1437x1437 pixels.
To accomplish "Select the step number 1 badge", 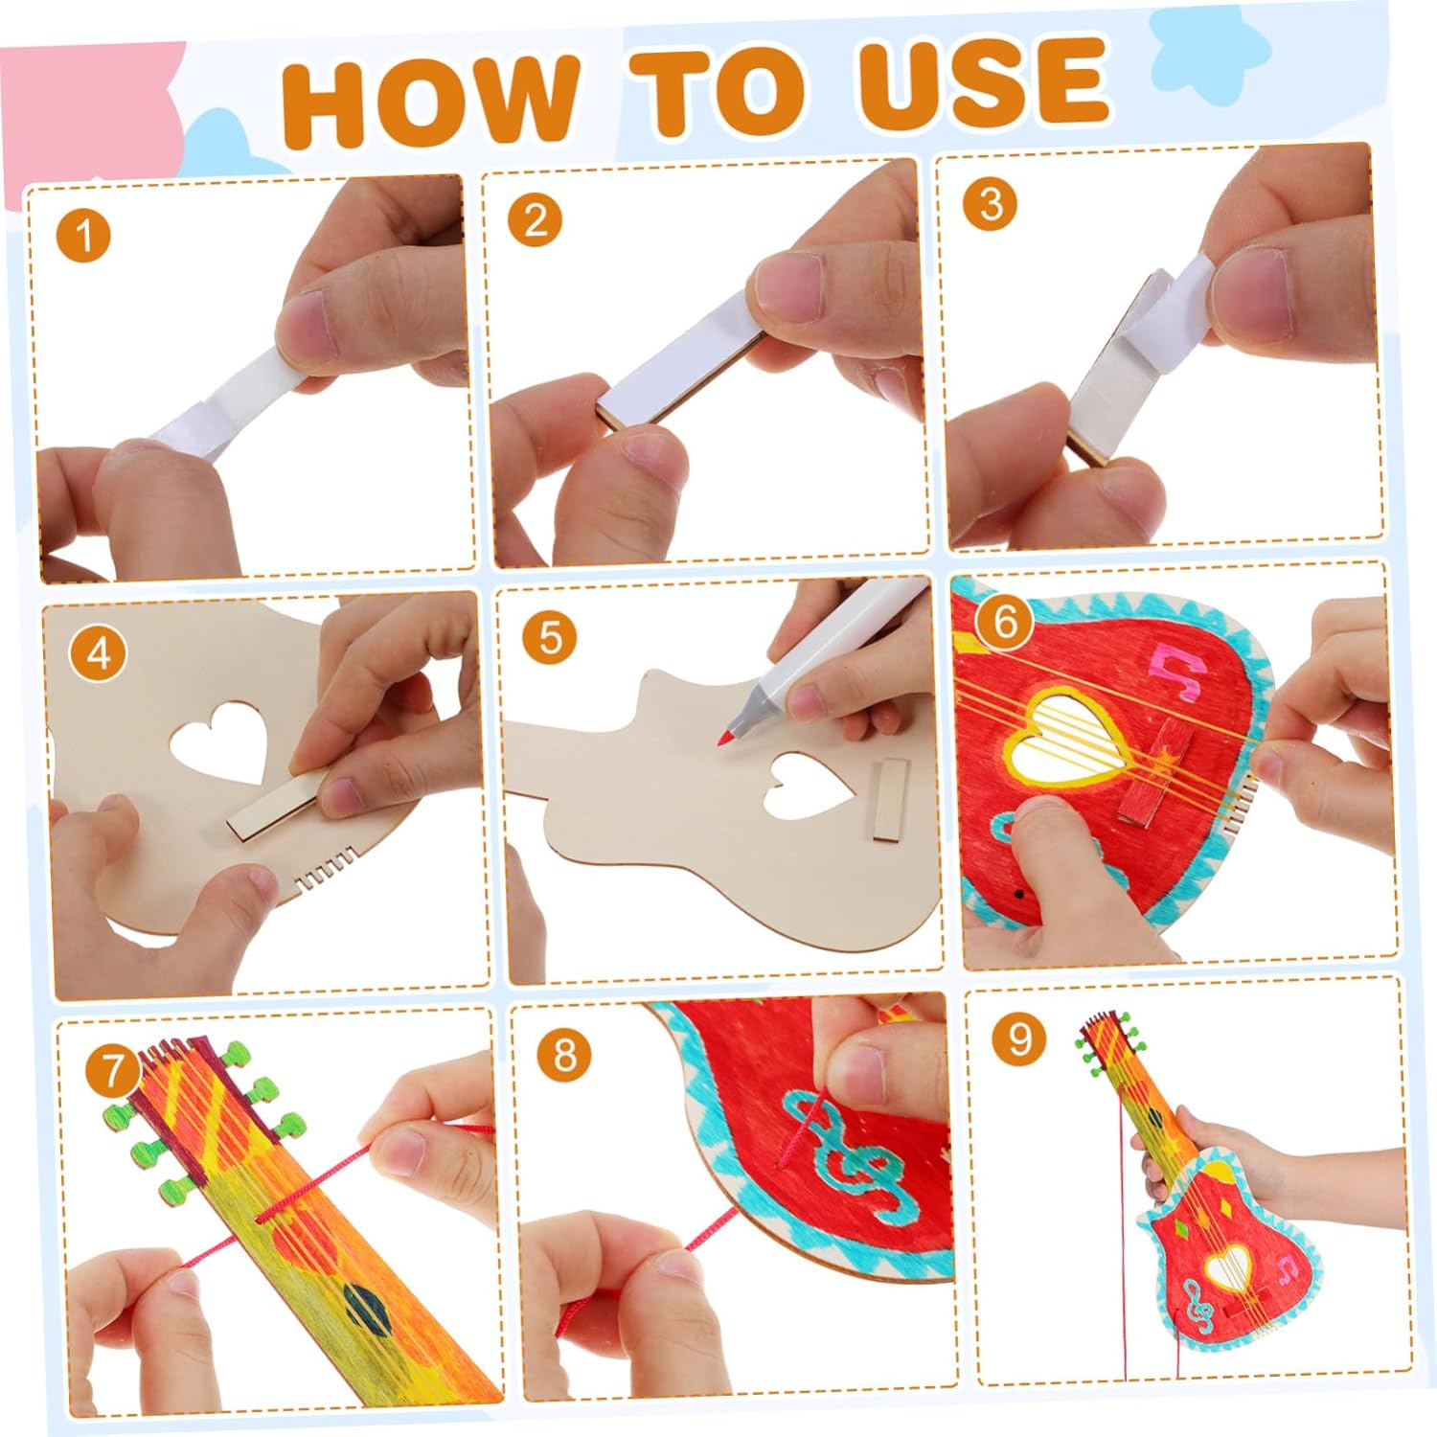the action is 85,235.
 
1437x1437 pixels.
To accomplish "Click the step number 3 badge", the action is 991,203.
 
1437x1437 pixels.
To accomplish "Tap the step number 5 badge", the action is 551,637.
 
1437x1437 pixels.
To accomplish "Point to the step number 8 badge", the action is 565,1056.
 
